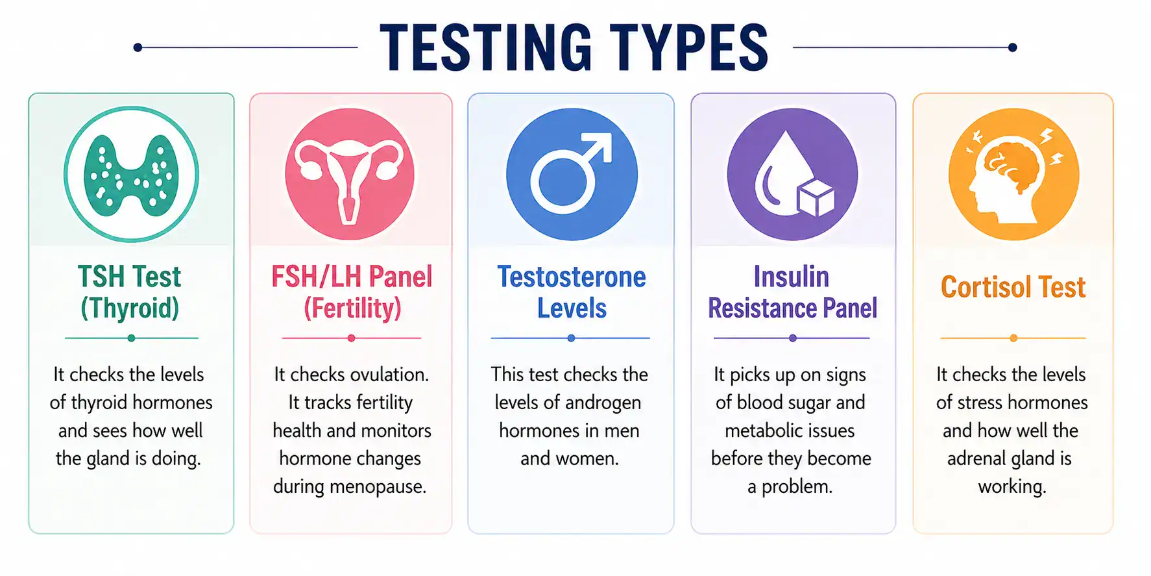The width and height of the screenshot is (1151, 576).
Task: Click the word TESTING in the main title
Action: (x=486, y=47)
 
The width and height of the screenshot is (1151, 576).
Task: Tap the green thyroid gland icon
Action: (x=131, y=174)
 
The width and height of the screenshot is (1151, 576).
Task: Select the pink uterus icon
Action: (x=350, y=174)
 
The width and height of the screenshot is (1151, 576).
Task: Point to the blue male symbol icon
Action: (x=572, y=174)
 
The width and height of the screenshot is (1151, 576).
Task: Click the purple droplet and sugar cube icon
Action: (x=792, y=174)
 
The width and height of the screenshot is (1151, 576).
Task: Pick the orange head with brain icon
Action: (x=1013, y=174)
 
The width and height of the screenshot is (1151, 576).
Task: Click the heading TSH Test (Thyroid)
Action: (x=130, y=292)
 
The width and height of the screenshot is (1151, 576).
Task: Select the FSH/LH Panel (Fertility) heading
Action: (x=352, y=292)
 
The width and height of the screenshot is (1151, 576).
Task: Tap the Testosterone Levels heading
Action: (x=572, y=292)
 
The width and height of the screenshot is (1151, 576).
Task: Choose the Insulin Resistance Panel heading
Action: (x=792, y=292)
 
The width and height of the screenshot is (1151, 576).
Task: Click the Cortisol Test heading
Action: (x=1013, y=287)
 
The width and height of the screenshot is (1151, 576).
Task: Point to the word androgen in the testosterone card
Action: (x=603, y=403)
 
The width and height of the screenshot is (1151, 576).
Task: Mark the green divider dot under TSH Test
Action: (x=131, y=338)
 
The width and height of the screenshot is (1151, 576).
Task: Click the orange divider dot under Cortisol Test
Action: (x=1013, y=338)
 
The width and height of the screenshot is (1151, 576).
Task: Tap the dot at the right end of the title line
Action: (x=1012, y=47)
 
